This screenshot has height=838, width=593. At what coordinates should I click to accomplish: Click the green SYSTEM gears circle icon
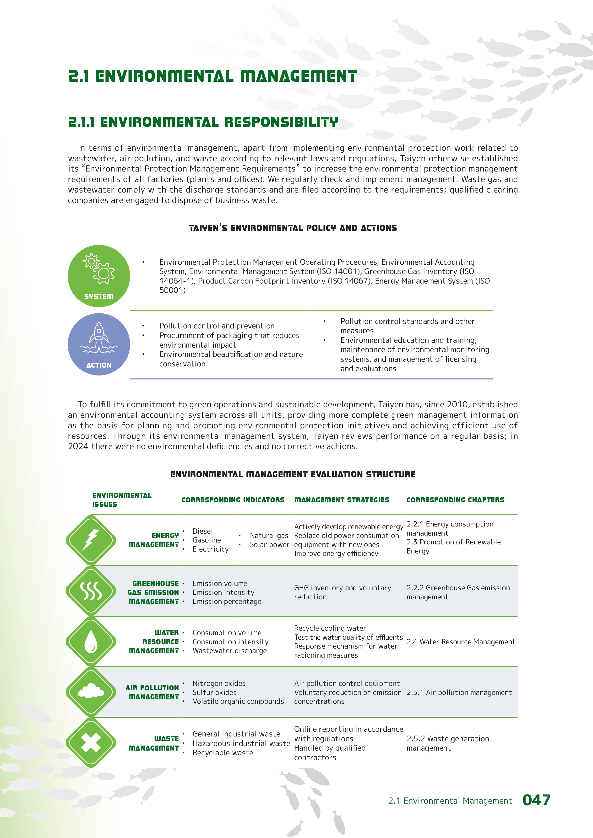(98, 276)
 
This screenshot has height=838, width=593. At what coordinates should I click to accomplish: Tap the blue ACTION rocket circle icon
(98, 344)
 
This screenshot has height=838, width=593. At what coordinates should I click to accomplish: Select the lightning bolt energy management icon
(91, 540)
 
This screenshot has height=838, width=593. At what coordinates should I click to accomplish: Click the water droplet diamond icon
(91, 641)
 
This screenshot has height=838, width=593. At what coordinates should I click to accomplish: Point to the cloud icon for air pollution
(91, 692)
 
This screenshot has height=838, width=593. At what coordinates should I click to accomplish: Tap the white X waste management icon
(91, 743)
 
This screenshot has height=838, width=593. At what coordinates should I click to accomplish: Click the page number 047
(536, 800)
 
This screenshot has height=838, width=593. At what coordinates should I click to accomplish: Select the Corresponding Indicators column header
(233, 500)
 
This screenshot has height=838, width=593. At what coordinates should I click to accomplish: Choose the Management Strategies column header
(341, 500)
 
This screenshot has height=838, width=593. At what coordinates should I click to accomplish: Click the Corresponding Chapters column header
(455, 500)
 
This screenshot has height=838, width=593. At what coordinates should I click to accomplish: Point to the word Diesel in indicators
(203, 531)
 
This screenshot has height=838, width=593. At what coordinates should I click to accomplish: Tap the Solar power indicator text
(269, 545)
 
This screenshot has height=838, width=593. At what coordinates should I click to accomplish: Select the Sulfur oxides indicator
(214, 692)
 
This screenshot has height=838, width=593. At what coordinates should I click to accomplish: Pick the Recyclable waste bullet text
(223, 752)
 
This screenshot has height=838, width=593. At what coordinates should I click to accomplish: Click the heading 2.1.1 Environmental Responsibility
(203, 122)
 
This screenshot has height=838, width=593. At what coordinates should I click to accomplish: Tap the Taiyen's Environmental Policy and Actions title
(293, 228)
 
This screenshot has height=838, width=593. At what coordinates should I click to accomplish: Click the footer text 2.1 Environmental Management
(450, 801)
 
